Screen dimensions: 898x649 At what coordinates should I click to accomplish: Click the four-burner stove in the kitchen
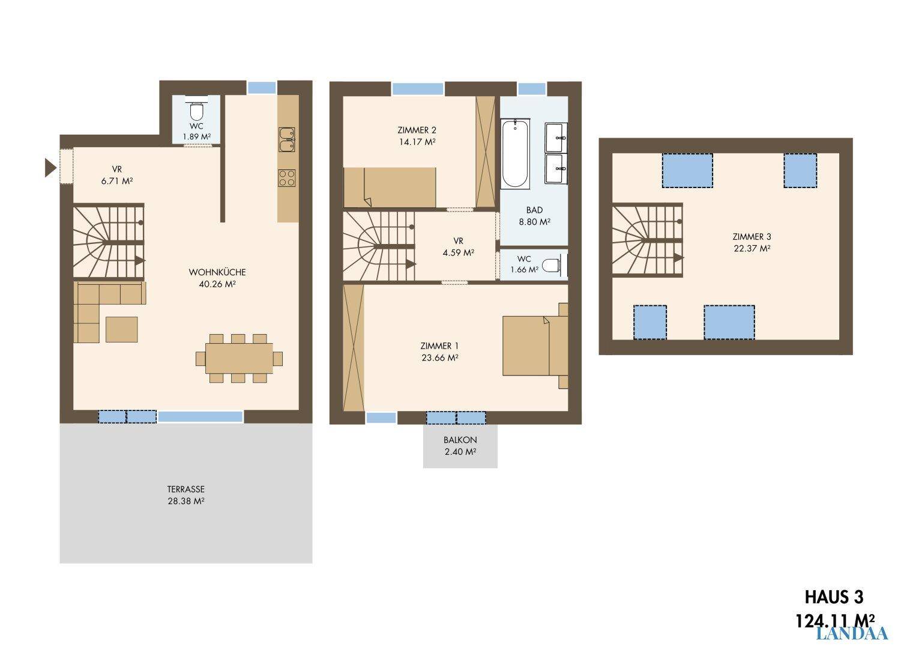pos(287,178)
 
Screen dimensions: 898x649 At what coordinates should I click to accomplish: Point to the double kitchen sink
pos(287,139)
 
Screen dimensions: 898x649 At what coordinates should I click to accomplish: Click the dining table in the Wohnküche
pos(240,358)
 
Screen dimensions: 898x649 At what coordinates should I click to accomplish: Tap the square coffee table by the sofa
pos(121,329)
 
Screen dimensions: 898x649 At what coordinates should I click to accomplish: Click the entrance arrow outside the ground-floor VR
pos(50,168)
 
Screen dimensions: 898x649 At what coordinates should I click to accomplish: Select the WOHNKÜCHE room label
pos(217,272)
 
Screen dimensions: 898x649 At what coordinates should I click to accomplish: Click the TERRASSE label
pos(186,489)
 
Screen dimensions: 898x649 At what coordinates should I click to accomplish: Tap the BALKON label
pos(460,440)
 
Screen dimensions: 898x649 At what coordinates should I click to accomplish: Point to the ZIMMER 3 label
pos(752,236)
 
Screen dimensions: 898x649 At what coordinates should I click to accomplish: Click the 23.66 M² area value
pos(440,358)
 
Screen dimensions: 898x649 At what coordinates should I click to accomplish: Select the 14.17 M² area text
pos(417,142)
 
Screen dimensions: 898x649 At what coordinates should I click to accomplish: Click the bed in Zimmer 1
pos(535,346)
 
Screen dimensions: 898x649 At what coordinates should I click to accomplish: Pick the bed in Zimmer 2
pos(390,187)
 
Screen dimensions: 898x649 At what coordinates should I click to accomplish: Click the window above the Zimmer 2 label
pos(418,89)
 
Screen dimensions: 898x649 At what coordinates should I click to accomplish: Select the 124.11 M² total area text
pos(834,621)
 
